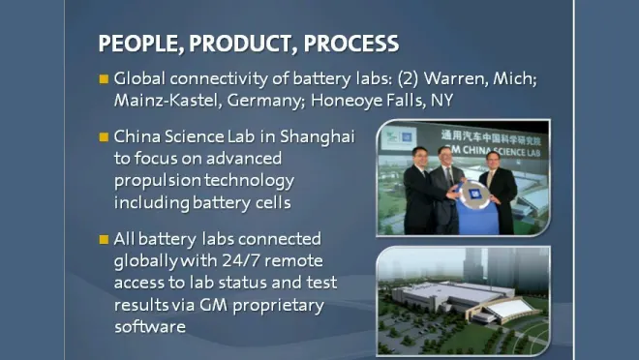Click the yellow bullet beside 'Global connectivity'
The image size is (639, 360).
(x=105, y=78)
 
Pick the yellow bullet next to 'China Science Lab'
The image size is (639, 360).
(x=105, y=136)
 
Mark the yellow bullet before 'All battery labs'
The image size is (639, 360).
(x=105, y=239)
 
